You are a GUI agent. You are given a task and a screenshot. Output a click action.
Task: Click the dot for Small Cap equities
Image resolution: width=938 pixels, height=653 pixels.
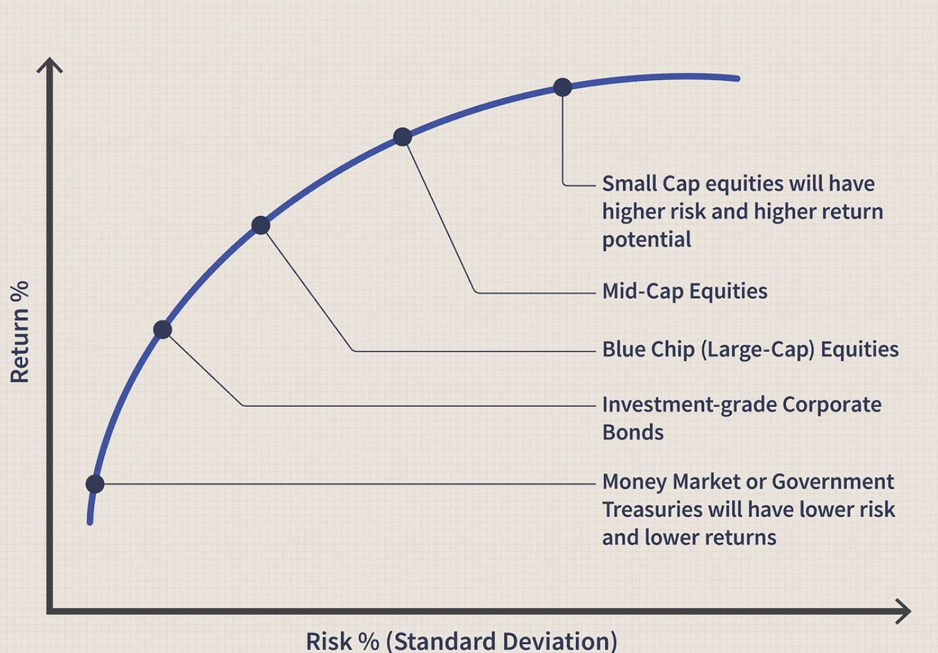click(x=562, y=87)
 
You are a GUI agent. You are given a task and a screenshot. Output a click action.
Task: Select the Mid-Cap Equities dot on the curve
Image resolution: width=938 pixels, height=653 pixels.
click(x=403, y=137)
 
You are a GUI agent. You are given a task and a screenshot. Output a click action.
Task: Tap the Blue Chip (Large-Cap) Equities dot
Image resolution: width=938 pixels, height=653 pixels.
click(x=260, y=225)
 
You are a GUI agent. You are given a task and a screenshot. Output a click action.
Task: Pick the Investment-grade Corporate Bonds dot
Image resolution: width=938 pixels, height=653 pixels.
click(x=162, y=330)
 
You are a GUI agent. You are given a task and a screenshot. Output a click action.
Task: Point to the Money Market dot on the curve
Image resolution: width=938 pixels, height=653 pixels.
click(x=95, y=484)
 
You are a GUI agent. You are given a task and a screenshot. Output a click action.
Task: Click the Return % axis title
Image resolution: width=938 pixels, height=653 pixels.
click(x=19, y=332)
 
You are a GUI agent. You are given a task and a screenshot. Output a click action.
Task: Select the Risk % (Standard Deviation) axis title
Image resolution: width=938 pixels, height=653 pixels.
click(x=461, y=641)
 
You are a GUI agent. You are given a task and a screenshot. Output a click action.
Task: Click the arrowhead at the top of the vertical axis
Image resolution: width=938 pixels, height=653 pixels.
click(x=50, y=64)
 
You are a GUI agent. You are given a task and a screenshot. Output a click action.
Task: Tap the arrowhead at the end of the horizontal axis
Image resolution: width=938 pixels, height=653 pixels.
click(x=903, y=611)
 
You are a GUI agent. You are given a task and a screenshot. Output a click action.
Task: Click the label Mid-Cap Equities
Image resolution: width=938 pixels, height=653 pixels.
click(x=685, y=292)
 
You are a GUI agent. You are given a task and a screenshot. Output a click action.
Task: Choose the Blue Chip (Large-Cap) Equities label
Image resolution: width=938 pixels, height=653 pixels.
click(x=750, y=350)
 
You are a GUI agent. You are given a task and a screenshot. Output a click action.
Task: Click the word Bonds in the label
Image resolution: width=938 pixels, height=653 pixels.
click(x=633, y=433)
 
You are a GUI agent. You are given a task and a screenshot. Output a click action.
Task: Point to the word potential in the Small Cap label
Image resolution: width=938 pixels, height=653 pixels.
click(x=647, y=240)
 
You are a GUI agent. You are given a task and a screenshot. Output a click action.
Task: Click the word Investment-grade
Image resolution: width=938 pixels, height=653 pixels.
click(x=689, y=406)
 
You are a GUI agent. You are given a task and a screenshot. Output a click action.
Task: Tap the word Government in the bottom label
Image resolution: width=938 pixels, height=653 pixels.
click(x=832, y=482)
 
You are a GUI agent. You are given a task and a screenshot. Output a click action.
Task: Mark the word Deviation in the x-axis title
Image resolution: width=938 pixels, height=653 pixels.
click(x=555, y=641)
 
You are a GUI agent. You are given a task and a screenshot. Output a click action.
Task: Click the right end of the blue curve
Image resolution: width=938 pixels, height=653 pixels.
click(x=738, y=78)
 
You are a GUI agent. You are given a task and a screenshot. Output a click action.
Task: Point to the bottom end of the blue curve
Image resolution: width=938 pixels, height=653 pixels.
click(x=90, y=522)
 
